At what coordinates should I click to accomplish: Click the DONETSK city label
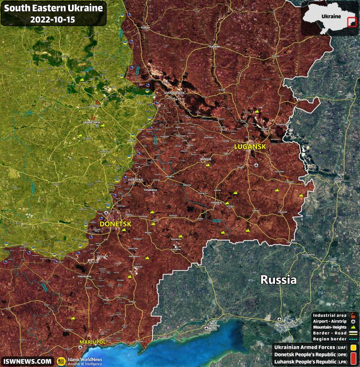[x=115, y=224]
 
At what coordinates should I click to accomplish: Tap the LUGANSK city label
[x=250, y=147]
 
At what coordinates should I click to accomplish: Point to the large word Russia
[x=278, y=279]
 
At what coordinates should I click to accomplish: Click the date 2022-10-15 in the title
[x=52, y=19]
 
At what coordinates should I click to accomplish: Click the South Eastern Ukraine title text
[x=52, y=8]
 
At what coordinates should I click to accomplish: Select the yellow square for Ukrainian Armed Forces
[x=355, y=347]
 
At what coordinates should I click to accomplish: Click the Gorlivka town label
[x=135, y=179]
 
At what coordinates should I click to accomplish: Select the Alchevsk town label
[x=205, y=159]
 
